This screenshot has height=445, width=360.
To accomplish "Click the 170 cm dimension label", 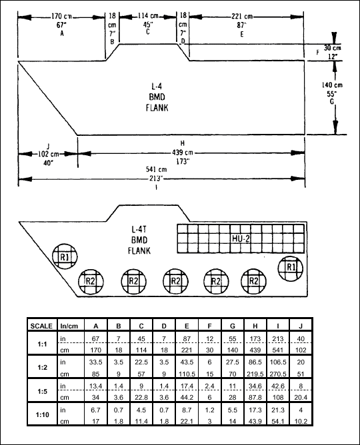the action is coord(61,17).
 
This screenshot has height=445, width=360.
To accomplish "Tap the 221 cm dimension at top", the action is coord(242,17).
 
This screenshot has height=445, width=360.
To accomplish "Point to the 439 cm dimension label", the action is coord(182,153).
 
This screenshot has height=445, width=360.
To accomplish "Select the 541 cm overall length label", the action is coord(156,170).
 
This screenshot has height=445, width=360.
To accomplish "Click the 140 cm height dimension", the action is coord(332,85).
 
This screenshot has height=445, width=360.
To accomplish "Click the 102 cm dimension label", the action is coord(48,155).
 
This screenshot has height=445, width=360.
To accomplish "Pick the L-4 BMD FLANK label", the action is coord(157,97).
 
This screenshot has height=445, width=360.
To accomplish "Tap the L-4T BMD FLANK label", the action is coord(139,240).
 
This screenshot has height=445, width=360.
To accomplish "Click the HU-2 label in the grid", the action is coord(241,238).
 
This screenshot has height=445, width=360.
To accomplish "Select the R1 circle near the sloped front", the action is coord(65,257).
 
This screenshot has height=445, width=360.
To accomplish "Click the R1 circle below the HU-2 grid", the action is coord(291,268).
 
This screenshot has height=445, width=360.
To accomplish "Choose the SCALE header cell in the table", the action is coord(41,326).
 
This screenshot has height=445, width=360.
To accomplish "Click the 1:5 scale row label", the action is coord(42,391).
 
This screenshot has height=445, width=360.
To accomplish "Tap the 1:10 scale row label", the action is coord(42,414).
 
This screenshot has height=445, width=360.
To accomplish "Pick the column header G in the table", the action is coord(233,326).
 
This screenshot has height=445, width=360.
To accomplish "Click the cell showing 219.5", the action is coord(255,374).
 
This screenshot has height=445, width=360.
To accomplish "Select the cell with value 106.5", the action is coord(278,362).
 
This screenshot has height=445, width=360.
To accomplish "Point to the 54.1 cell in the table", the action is coord(278,422).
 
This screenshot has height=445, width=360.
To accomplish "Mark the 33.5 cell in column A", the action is coord(96,362).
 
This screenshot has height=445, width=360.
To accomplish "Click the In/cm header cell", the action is coord(69,326).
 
